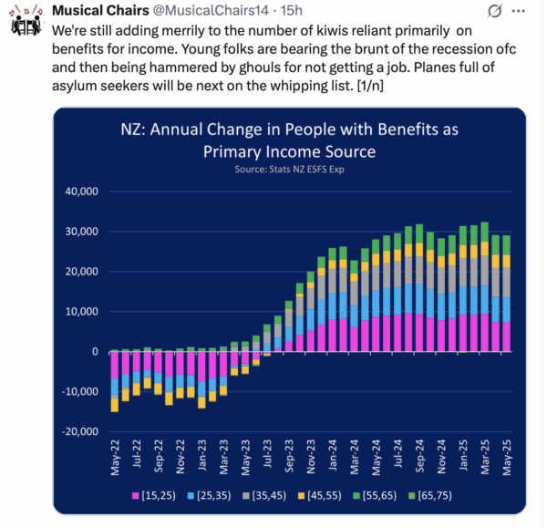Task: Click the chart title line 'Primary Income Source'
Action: pos(290,151)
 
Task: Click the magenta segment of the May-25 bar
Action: pos(506,336)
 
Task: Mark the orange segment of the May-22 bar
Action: pos(115,404)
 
